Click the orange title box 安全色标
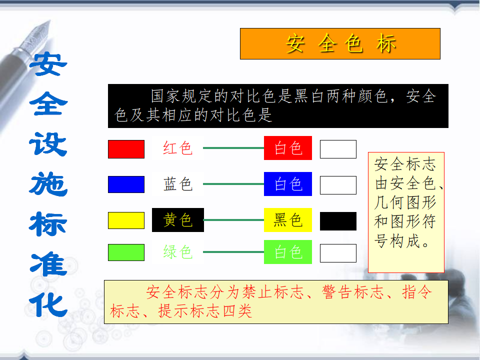(340, 44)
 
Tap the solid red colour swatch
(126, 149)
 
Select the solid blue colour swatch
(126, 184)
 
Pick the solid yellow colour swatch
(126, 220)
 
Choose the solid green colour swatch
(126, 252)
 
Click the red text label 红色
(178, 148)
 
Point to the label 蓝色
(178, 184)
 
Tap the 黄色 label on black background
(178, 220)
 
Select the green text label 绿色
(178, 252)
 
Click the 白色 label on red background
(288, 148)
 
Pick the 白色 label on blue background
(288, 184)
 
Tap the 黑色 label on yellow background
(288, 220)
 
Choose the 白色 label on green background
(288, 252)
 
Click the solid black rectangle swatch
(338, 221)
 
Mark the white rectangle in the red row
(338, 149)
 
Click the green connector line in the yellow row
(234, 220)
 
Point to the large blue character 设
(48, 144)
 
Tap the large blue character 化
(48, 305)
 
